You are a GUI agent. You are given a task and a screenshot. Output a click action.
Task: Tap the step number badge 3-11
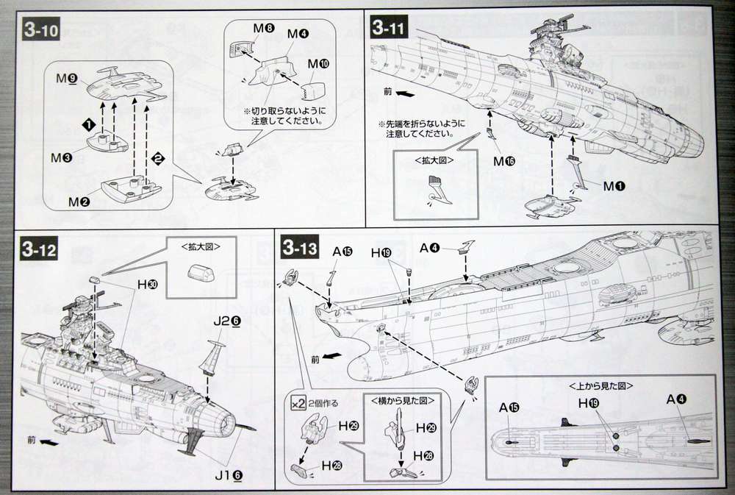click(389, 29)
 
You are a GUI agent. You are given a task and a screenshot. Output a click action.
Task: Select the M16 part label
click(503, 160)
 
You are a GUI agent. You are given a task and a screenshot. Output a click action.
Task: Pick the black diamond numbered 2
click(156, 157)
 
